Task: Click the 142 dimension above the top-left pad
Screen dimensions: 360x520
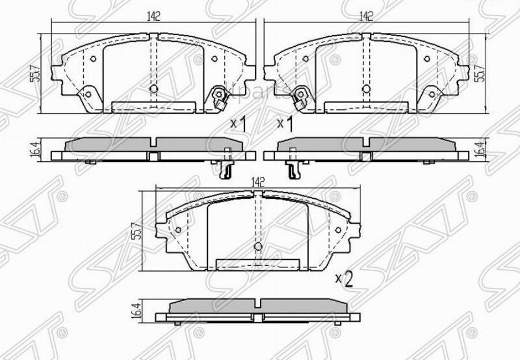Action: pyautogui.click(x=153, y=17)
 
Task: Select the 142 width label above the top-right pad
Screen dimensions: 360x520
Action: pyautogui.click(x=365, y=17)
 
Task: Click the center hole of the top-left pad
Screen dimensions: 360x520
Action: pyautogui.click(x=153, y=89)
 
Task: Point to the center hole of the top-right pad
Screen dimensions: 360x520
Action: pyautogui.click(x=365, y=89)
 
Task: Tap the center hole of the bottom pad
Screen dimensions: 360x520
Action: pyautogui.click(x=258, y=247)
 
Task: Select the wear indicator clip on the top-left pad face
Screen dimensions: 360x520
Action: pyautogui.click(x=220, y=97)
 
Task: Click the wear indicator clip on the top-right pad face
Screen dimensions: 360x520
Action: pyautogui.click(x=299, y=97)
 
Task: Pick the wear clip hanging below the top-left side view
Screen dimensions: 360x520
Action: pyautogui.click(x=227, y=166)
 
